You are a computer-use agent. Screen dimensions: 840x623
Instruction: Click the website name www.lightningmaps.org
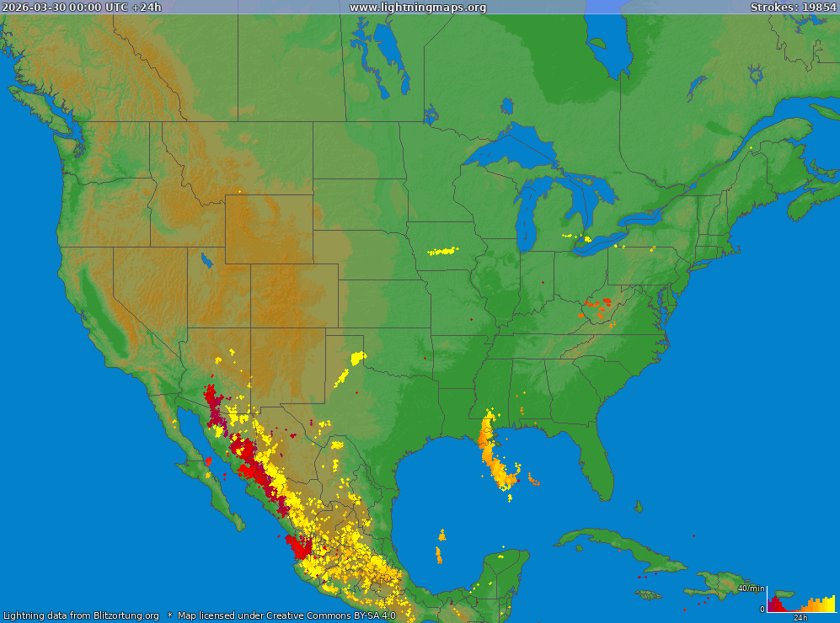[x=417, y=7]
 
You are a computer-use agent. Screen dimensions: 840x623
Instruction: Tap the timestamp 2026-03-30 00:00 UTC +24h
[x=82, y=7]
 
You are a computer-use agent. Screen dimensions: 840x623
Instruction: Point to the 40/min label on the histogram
[x=751, y=588]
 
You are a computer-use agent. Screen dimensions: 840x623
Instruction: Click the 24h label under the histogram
[x=800, y=617]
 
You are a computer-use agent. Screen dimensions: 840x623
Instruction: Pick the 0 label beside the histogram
[x=762, y=609]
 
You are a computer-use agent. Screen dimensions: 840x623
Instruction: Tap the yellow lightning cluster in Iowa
[x=443, y=250]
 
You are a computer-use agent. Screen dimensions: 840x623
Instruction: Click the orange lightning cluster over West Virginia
[x=597, y=306]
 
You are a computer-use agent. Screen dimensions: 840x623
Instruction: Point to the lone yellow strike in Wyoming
[x=239, y=191]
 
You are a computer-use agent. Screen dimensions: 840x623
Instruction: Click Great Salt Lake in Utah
[x=206, y=259]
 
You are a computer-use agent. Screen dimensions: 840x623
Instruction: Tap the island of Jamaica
[x=648, y=594]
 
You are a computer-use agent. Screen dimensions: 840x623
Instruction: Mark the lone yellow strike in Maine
[x=750, y=148]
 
